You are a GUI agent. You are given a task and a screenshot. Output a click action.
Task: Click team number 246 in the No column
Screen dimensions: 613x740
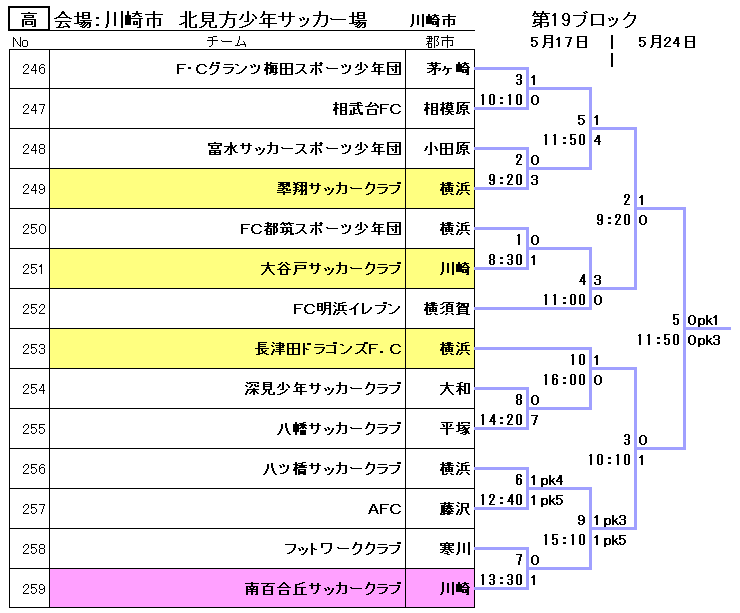[x=34, y=69]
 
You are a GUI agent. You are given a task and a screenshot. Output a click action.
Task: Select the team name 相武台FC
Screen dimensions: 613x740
[x=367, y=109]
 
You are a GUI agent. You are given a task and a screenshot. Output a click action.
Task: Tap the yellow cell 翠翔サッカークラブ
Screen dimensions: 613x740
[x=339, y=189]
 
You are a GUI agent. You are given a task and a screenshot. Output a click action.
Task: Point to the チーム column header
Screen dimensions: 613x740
[x=234, y=42]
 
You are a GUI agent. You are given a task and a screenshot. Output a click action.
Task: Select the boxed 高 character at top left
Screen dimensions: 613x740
[x=29, y=20]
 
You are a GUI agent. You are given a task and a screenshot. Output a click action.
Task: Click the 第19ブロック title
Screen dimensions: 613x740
[x=585, y=20]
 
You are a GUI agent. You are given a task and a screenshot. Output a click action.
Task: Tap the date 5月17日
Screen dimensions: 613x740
[x=560, y=42]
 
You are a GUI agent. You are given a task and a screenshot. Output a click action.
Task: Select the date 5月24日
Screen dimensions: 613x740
[x=666, y=42]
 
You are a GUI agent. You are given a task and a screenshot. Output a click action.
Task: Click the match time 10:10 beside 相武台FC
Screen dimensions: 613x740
[x=501, y=100]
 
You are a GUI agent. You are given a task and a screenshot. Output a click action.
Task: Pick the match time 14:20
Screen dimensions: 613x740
[x=501, y=420]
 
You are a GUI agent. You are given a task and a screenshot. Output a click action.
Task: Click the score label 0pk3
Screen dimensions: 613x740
[x=704, y=340]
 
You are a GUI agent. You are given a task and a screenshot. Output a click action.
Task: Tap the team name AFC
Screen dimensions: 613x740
[x=384, y=509]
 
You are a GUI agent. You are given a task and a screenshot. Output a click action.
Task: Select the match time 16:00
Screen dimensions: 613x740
[x=564, y=380]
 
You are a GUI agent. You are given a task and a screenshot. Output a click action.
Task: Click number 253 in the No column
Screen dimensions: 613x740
[x=34, y=349]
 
